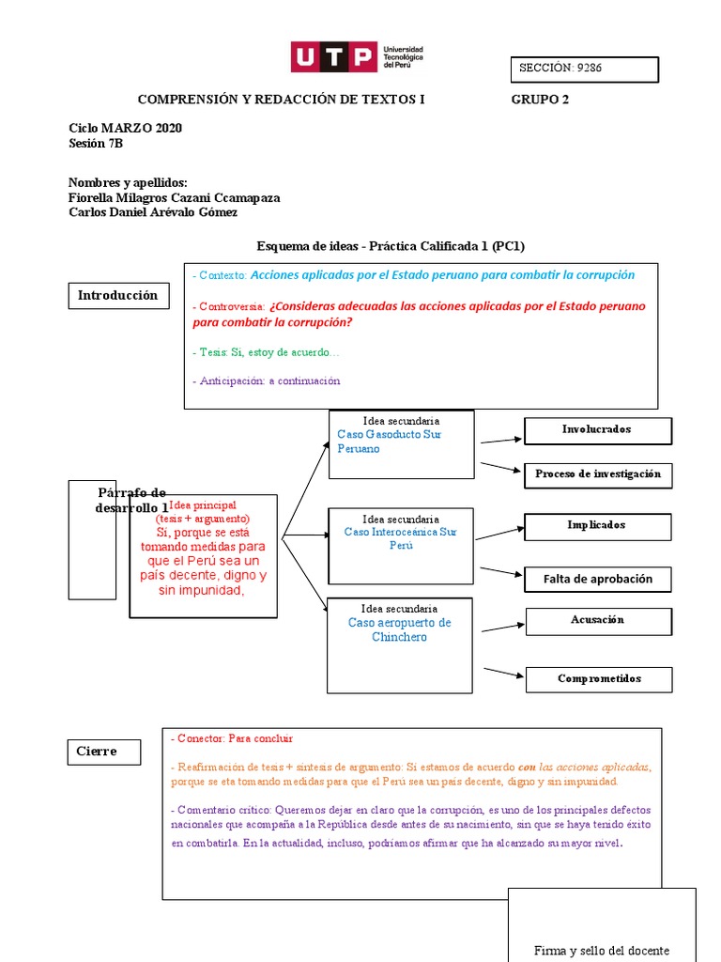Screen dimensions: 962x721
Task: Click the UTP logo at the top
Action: point(357,57)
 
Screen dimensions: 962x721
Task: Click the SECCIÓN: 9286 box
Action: point(584,69)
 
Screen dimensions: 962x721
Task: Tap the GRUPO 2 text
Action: point(540,100)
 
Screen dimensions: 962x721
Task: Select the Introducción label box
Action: point(117,296)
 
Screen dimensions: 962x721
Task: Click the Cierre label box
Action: point(105,752)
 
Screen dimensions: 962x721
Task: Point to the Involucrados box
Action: point(597,430)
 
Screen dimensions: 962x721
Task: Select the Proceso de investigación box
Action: point(597,474)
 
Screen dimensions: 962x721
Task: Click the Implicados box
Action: point(597,526)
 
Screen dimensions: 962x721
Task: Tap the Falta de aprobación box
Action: point(597,579)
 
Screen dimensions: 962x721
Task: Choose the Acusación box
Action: point(597,621)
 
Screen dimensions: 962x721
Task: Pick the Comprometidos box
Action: point(599,679)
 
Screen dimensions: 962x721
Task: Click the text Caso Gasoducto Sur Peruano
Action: point(389,442)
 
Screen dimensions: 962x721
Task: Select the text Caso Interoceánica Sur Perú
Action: point(401,538)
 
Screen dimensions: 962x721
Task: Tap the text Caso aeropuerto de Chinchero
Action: point(400,629)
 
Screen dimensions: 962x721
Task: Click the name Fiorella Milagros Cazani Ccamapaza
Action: point(175,198)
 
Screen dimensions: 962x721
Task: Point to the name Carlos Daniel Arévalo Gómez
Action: point(153,212)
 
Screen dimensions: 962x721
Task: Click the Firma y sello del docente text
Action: point(602,950)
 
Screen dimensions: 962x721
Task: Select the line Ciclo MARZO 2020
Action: point(126,129)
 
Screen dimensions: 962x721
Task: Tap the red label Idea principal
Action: point(202,505)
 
